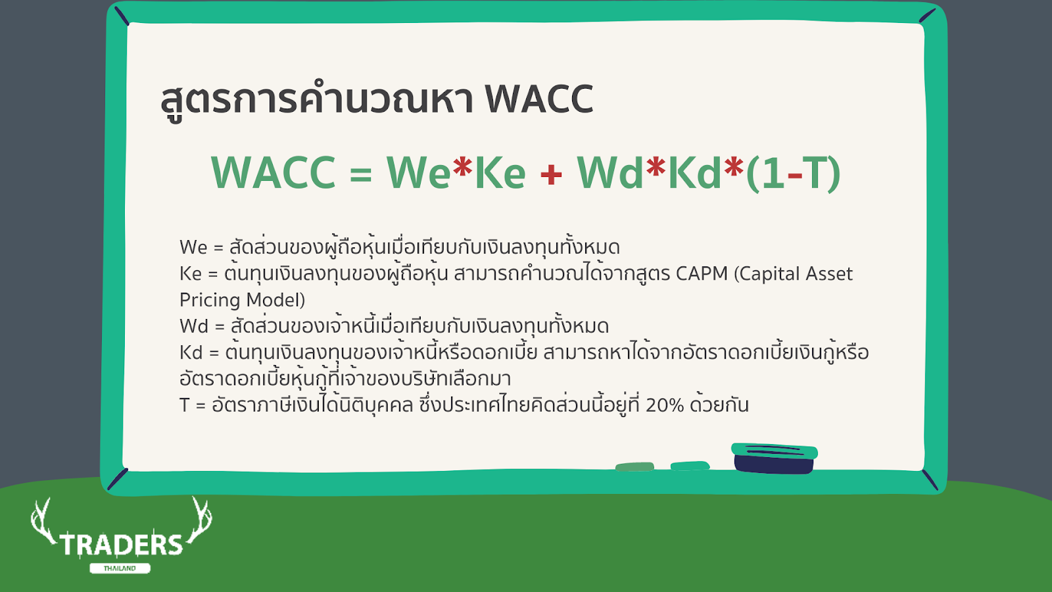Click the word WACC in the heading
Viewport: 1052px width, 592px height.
click(539, 99)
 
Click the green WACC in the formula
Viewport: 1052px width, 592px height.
click(274, 172)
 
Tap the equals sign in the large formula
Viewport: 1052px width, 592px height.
click(361, 174)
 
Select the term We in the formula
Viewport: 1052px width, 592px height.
click(418, 172)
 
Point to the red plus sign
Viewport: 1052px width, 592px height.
click(551, 174)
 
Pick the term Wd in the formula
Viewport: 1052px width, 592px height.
click(610, 172)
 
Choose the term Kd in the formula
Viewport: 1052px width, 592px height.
click(694, 172)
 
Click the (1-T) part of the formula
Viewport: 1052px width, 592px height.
click(793, 174)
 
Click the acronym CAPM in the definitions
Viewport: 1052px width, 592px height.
click(702, 274)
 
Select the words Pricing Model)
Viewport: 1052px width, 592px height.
click(243, 300)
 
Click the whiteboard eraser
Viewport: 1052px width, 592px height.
click(775, 458)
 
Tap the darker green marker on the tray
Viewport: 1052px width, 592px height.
click(634, 466)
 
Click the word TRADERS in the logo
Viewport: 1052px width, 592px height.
click(121, 545)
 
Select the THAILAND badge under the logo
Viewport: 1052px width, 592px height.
click(120, 568)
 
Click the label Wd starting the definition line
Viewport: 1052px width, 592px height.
click(194, 326)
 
